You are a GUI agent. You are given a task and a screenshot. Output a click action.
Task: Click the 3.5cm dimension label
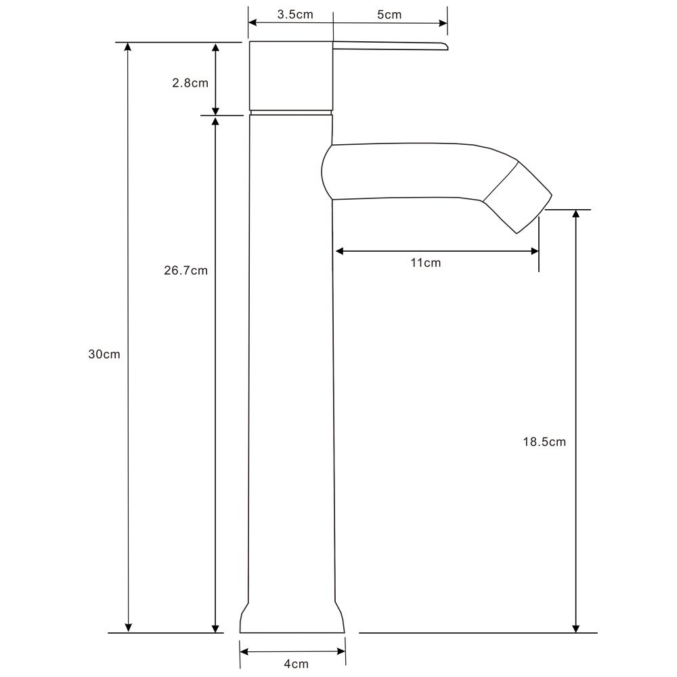pos(295,14)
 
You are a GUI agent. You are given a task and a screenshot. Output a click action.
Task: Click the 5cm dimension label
pos(389,14)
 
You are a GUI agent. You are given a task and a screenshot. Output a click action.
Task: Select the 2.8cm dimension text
pos(190,83)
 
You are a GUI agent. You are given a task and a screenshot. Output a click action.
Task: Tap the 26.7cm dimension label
pos(185,271)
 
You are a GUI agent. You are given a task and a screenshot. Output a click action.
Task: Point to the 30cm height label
pos(104,354)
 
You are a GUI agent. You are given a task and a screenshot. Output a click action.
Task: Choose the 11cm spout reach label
pos(425,263)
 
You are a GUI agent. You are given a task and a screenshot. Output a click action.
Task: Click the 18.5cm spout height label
pos(544,442)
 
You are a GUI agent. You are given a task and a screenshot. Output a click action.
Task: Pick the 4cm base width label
pos(296,663)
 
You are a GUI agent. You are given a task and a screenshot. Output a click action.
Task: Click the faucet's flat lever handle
pos(389,45)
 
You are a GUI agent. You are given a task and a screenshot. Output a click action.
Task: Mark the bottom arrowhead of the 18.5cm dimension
pos(576,628)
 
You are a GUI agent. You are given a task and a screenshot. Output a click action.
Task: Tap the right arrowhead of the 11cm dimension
pos(534,251)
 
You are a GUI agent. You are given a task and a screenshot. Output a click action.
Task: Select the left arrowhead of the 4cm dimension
pos(244,652)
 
